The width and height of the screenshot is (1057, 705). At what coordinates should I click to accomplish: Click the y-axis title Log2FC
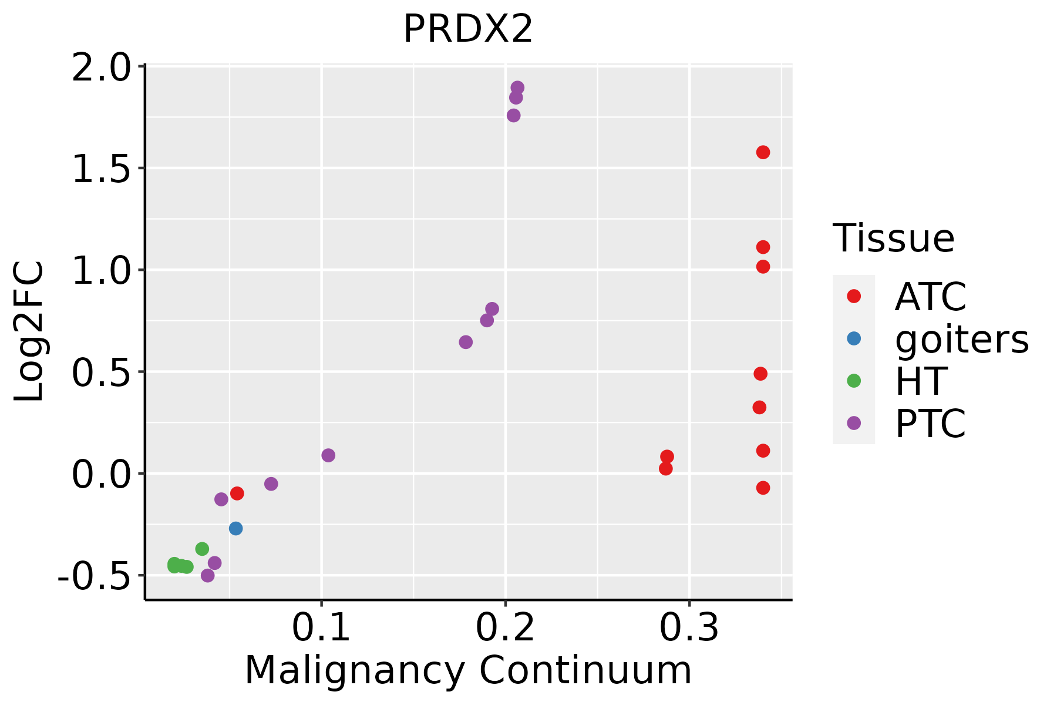29,332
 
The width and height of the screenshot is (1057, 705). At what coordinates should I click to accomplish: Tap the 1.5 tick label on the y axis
100,169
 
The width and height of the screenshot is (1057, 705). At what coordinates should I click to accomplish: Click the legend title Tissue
893,239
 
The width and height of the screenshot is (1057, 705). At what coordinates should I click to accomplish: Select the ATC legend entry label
930,297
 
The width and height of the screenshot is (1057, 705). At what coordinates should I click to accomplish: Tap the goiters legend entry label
962,339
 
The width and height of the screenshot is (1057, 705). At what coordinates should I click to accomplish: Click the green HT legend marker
854,381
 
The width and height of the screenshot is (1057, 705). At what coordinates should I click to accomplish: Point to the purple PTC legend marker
854,423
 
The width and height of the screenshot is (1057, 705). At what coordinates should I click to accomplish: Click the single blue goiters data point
235,528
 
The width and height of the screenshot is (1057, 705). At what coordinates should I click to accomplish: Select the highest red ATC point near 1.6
763,152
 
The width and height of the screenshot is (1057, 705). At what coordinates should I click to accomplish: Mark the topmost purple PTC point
517,88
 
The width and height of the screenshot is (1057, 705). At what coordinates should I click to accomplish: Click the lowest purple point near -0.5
207,575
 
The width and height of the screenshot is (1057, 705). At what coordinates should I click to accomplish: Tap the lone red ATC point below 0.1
237,493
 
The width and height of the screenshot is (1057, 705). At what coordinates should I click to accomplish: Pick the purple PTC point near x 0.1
328,455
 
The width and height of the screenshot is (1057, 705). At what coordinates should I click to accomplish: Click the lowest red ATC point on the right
763,488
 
